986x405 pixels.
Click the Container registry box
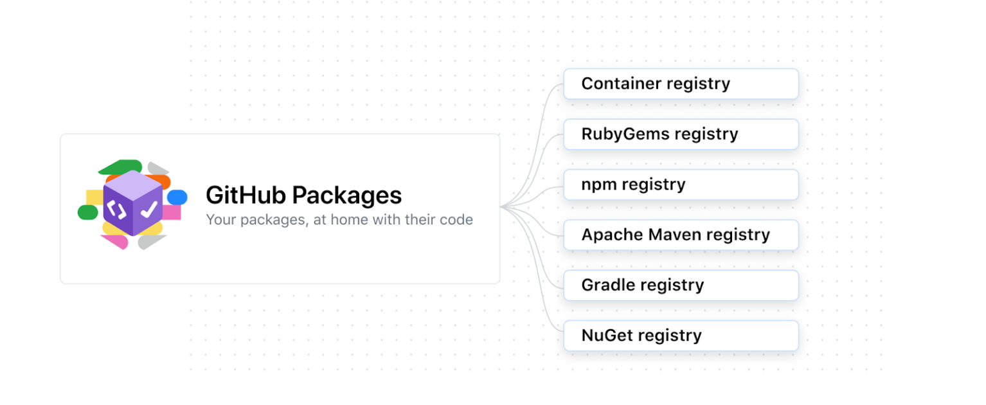pyautogui.click(x=681, y=84)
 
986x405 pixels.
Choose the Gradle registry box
pyautogui.click(x=681, y=285)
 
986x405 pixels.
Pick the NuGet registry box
pyautogui.click(x=681, y=336)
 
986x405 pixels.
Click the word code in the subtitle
pyautogui.click(x=456, y=220)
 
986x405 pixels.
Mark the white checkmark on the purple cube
pyautogui.click(x=149, y=209)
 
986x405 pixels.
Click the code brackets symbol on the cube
pyautogui.click(x=116, y=210)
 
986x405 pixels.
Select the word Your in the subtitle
pyautogui.click(x=219, y=220)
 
